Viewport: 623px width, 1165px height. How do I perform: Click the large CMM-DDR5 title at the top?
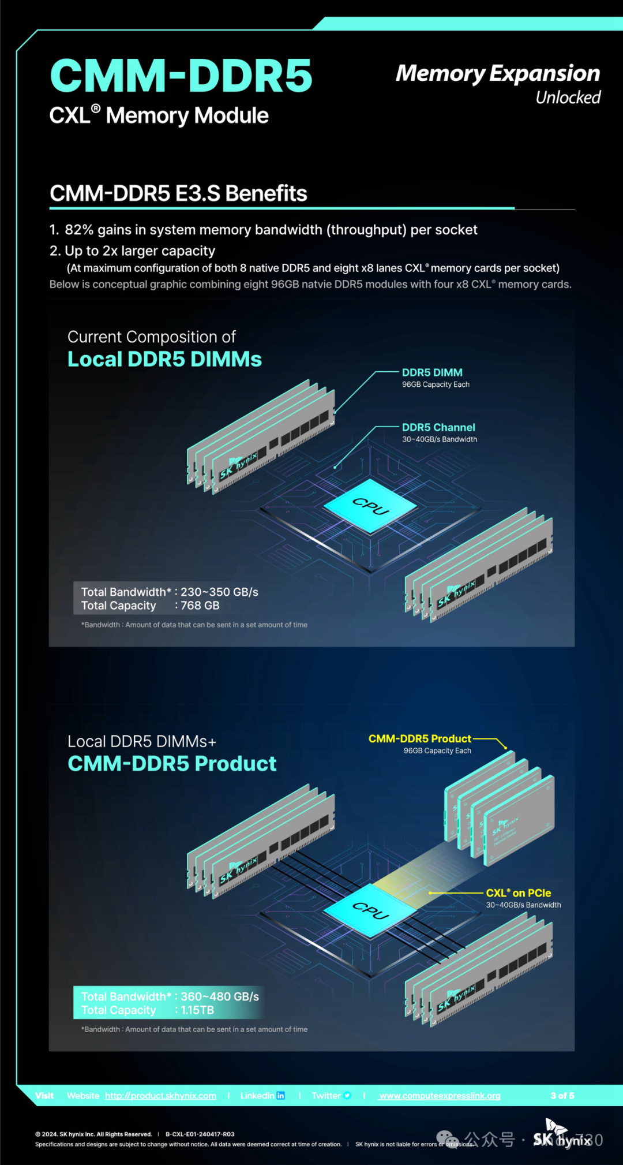coord(181,76)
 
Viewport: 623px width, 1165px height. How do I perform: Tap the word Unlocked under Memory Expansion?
coord(568,98)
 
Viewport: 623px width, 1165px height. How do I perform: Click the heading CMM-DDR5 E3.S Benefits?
coord(178,193)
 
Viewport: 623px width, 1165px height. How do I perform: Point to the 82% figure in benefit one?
coord(79,230)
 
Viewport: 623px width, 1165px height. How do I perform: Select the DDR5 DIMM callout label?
coord(432,373)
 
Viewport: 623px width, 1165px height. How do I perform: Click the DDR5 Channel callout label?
coord(438,428)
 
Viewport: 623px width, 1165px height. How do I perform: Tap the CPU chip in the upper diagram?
coord(370,506)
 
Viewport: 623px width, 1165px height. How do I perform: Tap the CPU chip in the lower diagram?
coord(370,910)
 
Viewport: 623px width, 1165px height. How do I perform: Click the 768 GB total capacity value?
coord(200,606)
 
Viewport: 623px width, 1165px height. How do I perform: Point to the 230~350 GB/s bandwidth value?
coord(219,592)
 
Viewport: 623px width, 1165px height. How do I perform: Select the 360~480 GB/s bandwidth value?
coord(220,996)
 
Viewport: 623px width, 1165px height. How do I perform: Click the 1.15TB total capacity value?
coord(197,1010)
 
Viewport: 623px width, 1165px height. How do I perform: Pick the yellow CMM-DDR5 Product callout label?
coord(419,739)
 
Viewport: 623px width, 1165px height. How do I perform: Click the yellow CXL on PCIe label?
coord(518,893)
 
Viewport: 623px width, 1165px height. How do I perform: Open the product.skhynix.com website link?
coord(160,1096)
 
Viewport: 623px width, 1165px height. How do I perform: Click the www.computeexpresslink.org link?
coord(440,1096)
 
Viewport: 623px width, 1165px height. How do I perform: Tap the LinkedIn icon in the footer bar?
coord(281,1096)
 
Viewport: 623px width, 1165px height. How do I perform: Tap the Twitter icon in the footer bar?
coord(347,1096)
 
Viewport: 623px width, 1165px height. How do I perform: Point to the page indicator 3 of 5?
coord(562,1096)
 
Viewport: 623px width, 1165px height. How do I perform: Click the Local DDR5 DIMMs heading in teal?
coord(164,360)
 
